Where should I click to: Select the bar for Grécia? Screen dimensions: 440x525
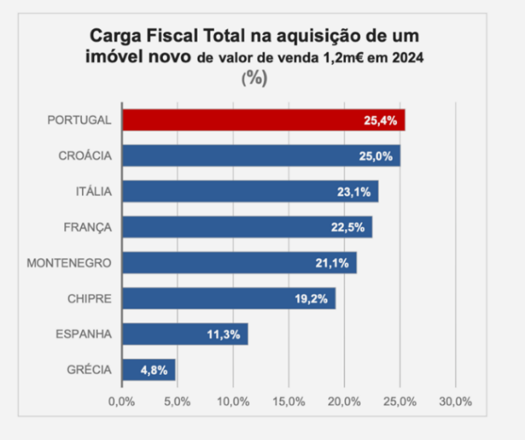(x=148, y=370)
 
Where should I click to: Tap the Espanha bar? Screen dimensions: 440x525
(x=185, y=335)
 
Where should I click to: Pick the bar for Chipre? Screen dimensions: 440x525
(x=228, y=299)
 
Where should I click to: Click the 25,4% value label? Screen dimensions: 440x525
(x=380, y=121)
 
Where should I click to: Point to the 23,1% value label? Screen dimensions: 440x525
(x=353, y=192)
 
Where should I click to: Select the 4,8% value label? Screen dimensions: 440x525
(x=153, y=370)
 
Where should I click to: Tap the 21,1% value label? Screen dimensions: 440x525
(x=331, y=263)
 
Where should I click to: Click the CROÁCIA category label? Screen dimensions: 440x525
(x=85, y=156)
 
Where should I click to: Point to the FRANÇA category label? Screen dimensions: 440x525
(x=87, y=227)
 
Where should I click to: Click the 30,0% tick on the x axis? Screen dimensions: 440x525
(x=455, y=402)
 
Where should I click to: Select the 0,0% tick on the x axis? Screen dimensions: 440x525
(x=122, y=402)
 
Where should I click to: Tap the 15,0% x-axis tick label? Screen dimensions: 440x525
(x=288, y=402)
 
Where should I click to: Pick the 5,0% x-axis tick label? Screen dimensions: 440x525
(x=177, y=402)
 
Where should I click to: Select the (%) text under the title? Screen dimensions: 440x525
(x=254, y=79)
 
